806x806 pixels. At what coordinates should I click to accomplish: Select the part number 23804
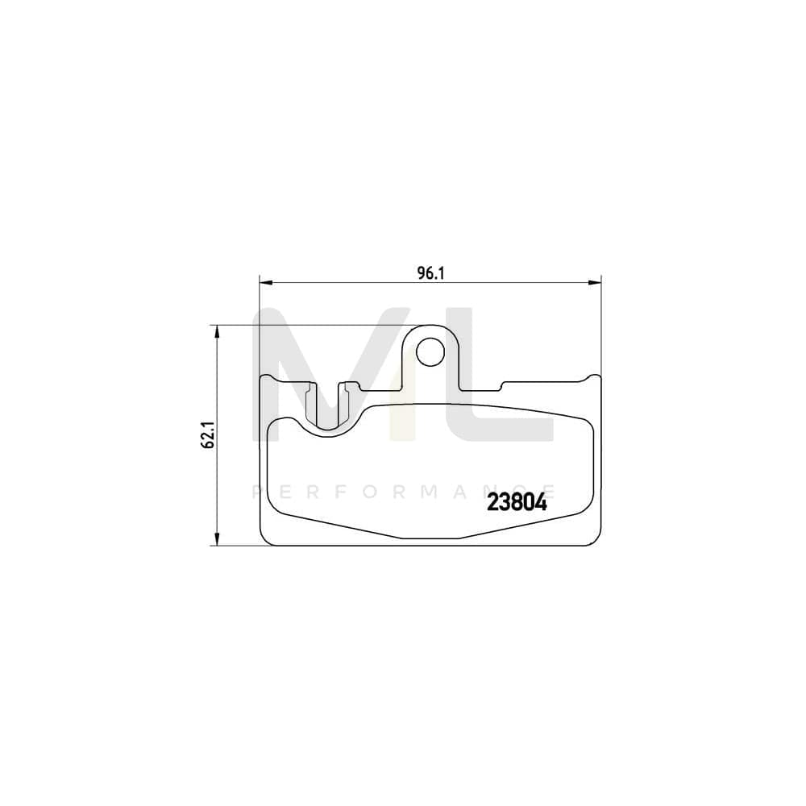click(x=517, y=503)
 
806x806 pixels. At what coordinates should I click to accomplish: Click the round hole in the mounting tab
click(x=430, y=351)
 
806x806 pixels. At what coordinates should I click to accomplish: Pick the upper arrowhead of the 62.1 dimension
click(x=216, y=331)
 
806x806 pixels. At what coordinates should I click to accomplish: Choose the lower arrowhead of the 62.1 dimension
click(x=216, y=540)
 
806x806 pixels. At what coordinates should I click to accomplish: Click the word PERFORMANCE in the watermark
click(x=403, y=489)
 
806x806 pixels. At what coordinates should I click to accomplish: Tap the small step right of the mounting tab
click(x=501, y=385)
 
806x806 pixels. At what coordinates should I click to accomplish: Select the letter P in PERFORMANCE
click(x=257, y=489)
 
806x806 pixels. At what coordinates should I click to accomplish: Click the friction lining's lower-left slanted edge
click(x=339, y=526)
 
